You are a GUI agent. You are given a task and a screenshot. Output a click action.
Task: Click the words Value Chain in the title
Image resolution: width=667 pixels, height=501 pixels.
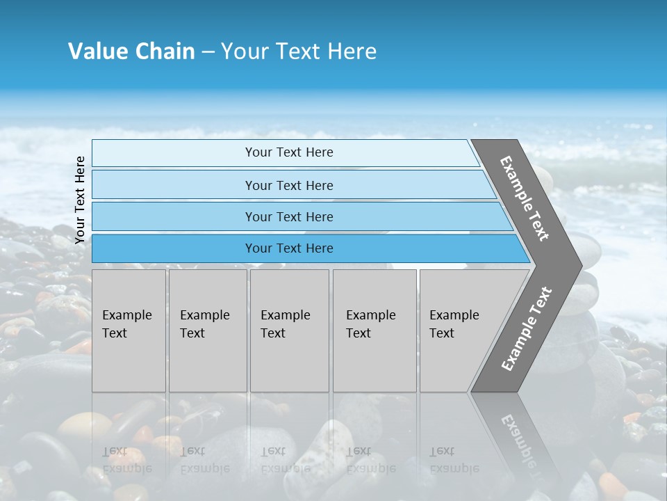click(131, 51)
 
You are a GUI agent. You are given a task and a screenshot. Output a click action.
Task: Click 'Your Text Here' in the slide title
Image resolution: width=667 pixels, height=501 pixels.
click(299, 51)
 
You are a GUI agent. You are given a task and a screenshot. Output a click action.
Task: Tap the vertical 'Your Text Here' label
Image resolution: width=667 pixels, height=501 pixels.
click(80, 200)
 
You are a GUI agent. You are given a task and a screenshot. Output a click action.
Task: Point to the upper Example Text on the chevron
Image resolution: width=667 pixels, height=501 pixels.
click(525, 198)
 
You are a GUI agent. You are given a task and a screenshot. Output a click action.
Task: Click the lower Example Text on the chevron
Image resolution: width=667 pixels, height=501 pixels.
click(527, 328)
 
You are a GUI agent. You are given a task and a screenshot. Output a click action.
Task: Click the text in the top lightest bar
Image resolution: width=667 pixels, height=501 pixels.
click(289, 152)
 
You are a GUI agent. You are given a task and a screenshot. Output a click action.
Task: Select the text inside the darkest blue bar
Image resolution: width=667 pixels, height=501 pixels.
click(289, 248)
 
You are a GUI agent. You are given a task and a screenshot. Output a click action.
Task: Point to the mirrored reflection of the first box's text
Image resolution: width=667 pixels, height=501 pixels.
click(126, 459)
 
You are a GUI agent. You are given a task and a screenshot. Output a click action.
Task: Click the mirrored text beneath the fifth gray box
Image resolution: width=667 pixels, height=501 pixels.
click(454, 459)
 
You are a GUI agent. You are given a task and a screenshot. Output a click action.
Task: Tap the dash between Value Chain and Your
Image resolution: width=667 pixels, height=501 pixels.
click(208, 52)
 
